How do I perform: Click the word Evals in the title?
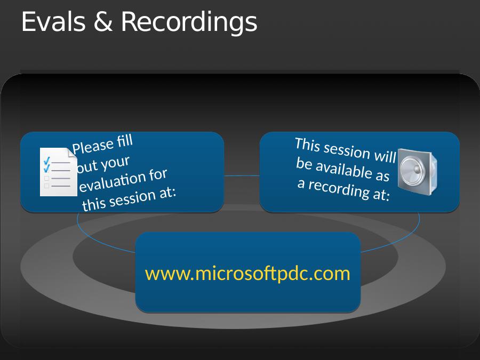53,22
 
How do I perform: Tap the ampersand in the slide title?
103,22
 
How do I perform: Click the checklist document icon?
59,172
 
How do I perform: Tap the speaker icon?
418,171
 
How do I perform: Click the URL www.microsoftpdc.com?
247,274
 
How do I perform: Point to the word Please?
93,147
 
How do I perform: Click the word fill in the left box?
125,141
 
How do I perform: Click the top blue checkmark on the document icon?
47,161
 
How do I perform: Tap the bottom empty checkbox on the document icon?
46,186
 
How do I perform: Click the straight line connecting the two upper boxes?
242,175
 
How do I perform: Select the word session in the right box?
347,150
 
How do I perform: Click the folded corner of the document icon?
73,153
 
